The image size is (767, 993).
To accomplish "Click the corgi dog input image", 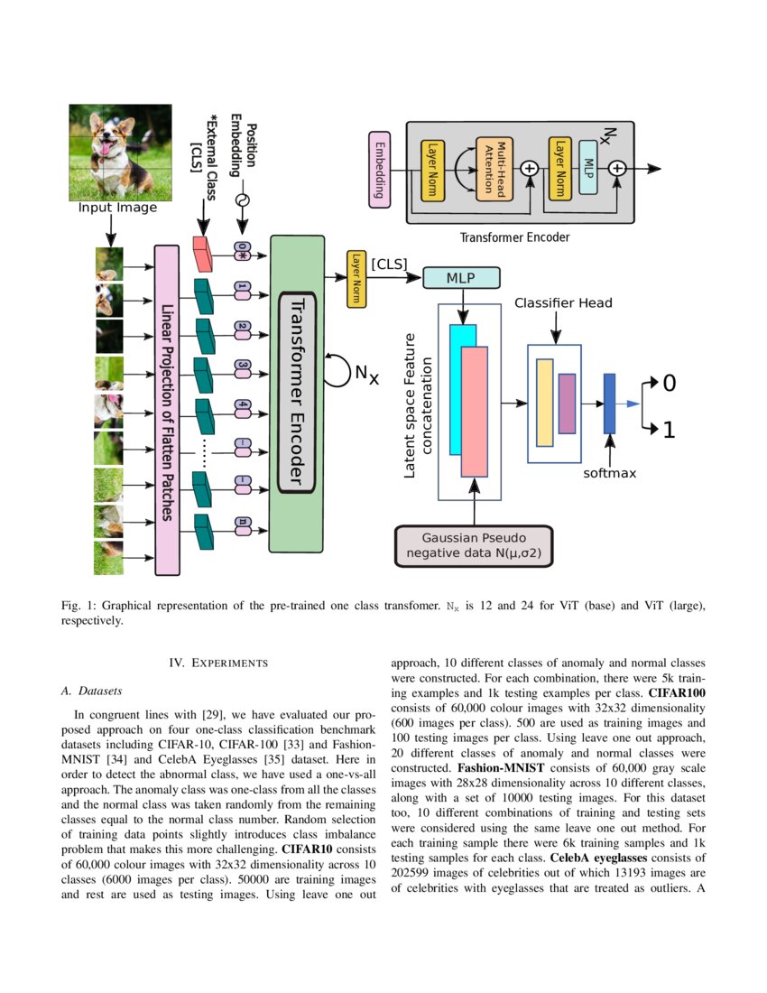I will [x=120, y=152].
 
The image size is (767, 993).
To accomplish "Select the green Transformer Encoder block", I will [x=297, y=393].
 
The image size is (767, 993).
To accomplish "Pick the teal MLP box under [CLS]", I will [x=460, y=277].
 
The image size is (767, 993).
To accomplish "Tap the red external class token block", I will [x=202, y=254].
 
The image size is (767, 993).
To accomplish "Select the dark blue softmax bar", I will [x=609, y=403].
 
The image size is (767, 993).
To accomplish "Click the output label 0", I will [x=669, y=384].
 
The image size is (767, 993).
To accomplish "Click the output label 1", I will [x=669, y=431].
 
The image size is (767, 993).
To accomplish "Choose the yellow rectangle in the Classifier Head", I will [x=544, y=403].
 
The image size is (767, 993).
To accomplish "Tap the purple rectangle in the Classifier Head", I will [x=567, y=403].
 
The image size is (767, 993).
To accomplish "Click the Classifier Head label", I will [x=563, y=303].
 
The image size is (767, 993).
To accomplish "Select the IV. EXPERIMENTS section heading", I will [x=218, y=664].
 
